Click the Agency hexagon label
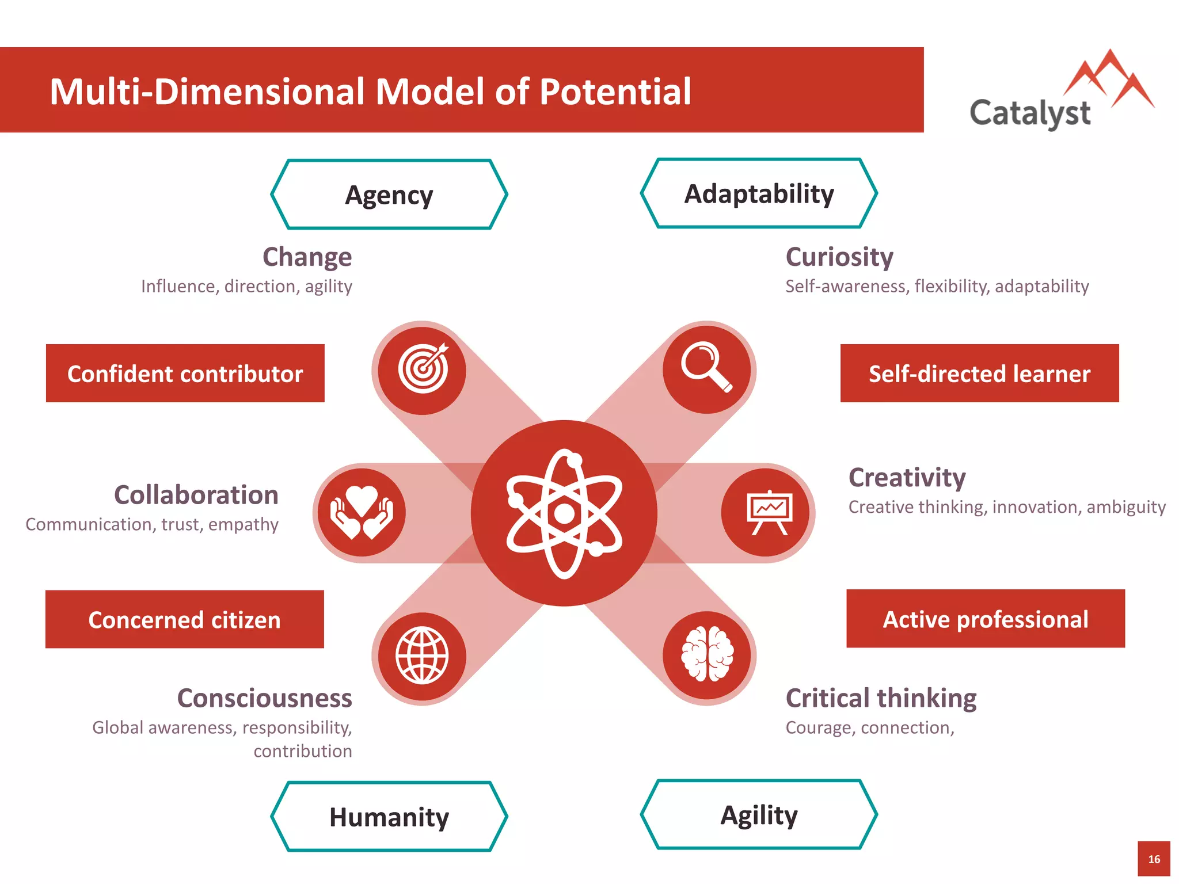[x=389, y=195]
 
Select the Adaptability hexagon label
[x=759, y=194]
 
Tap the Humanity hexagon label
[x=389, y=817]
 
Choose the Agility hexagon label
[x=759, y=815]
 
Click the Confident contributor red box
[x=185, y=374]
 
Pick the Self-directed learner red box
[x=979, y=374]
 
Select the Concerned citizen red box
[x=184, y=619]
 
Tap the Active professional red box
[x=986, y=619]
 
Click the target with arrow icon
[x=423, y=369]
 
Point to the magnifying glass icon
[x=706, y=367]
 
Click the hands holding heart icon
[x=362, y=512]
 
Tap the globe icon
[x=422, y=656]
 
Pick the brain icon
[x=707, y=654]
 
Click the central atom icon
[x=564, y=513]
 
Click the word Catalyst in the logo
[x=1030, y=113]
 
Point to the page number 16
[x=1154, y=859]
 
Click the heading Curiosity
[x=839, y=257]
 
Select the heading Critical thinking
[x=881, y=698]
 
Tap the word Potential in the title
[x=615, y=92]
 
